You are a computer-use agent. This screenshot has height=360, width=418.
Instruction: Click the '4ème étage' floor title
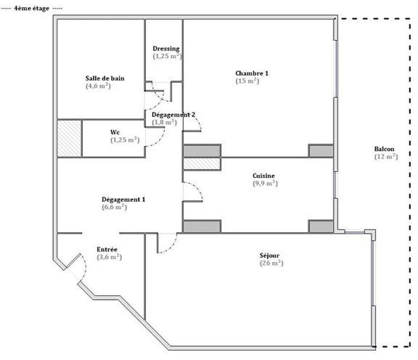point(31,9)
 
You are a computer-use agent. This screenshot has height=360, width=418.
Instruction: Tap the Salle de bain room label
point(105,78)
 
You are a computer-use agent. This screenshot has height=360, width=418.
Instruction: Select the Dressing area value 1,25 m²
point(167,56)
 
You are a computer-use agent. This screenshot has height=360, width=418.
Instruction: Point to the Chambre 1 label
point(252,73)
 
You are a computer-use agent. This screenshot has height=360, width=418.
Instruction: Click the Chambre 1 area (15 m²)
point(247,81)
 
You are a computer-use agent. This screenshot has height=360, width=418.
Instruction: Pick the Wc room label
point(115,132)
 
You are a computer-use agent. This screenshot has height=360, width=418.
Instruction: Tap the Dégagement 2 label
point(173,115)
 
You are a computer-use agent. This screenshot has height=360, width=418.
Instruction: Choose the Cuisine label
point(264,176)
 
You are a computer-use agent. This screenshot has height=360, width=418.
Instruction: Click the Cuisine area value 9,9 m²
point(265,183)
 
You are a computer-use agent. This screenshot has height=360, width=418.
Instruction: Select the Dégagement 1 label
point(123,199)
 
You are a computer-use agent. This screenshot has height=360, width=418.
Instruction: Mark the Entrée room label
point(107,250)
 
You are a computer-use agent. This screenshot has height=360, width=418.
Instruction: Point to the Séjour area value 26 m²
point(271,263)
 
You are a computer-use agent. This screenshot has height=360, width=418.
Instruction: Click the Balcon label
point(384,149)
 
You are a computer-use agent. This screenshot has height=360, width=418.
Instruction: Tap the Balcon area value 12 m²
point(386,156)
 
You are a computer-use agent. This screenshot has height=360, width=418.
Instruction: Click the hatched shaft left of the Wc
point(69,138)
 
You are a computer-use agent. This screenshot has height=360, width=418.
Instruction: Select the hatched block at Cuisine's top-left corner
point(202,164)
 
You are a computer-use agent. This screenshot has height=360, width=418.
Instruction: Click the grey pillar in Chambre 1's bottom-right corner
point(321,151)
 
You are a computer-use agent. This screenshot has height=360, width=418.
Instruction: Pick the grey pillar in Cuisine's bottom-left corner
point(202,226)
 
